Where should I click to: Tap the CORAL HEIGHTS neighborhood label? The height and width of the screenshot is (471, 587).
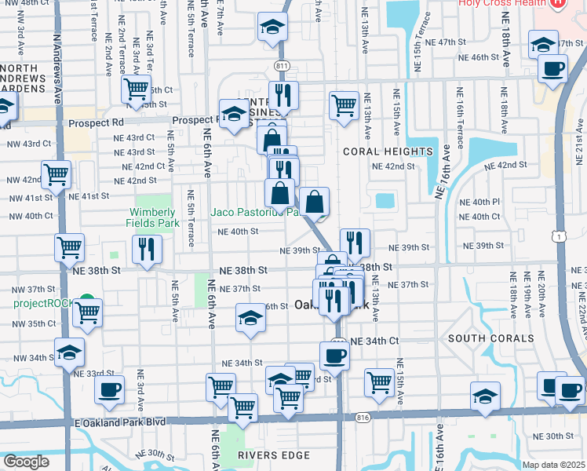(388, 152)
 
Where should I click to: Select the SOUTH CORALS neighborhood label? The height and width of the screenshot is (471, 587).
(490, 338)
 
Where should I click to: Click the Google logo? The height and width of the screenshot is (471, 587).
(26, 462)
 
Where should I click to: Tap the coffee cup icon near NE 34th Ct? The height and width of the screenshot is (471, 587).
(335, 354)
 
